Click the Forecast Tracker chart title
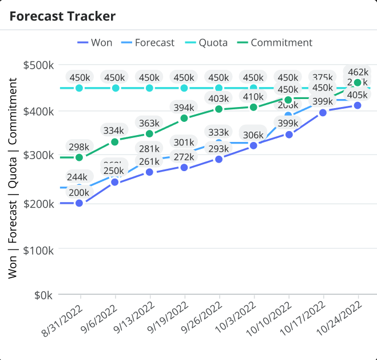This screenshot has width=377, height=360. click(x=62, y=16)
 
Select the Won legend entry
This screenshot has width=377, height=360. click(x=95, y=42)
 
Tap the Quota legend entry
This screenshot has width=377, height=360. click(x=207, y=42)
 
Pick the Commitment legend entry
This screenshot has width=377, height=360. click(x=275, y=42)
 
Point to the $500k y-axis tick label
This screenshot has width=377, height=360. click(x=38, y=65)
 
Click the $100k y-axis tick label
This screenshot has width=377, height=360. click(x=38, y=250)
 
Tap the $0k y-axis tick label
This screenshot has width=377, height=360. click(x=43, y=295)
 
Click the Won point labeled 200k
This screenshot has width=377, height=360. click(x=79, y=203)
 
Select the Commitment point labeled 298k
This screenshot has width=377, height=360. click(x=79, y=157)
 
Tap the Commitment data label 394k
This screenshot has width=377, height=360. click(x=184, y=108)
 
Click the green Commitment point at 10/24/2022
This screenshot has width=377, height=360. click(x=358, y=83)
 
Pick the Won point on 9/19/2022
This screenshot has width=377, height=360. click(x=184, y=168)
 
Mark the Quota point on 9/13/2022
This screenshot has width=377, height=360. click(x=150, y=88)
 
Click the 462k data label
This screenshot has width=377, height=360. click(x=358, y=72)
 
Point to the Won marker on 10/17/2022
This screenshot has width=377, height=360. click(x=323, y=113)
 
